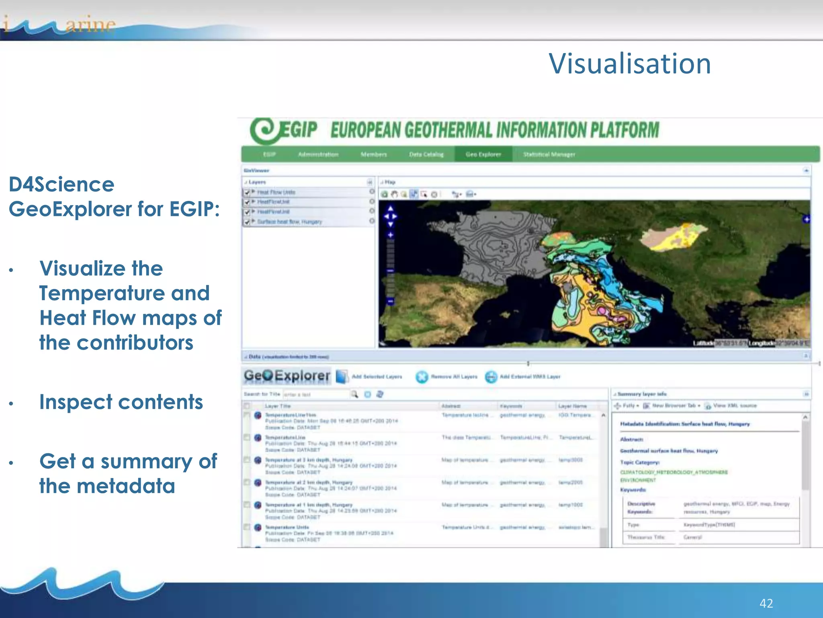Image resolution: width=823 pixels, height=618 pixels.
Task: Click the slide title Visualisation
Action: [630, 64]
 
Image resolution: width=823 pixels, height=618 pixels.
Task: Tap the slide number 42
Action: [766, 603]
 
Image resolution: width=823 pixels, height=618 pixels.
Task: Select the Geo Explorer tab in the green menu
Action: [483, 154]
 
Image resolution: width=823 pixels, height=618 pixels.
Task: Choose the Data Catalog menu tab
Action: [426, 154]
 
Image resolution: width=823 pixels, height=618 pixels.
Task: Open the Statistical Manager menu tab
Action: [549, 154]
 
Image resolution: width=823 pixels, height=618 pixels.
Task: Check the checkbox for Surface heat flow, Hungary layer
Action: [247, 222]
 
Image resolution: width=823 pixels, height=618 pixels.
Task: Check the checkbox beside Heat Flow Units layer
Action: [247, 192]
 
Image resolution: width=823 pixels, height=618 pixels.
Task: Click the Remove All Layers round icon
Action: [422, 377]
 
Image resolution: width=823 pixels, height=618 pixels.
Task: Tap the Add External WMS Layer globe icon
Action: [491, 377]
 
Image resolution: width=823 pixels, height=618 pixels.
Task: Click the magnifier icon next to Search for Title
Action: [354, 394]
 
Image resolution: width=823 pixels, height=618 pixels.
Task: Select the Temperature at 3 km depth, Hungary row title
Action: [309, 460]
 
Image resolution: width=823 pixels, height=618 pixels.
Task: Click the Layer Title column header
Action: [277, 406]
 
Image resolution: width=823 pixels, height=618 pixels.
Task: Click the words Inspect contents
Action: [121, 402]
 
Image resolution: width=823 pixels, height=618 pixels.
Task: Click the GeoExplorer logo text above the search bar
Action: [287, 376]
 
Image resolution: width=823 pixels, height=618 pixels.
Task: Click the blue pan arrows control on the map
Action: [390, 216]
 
